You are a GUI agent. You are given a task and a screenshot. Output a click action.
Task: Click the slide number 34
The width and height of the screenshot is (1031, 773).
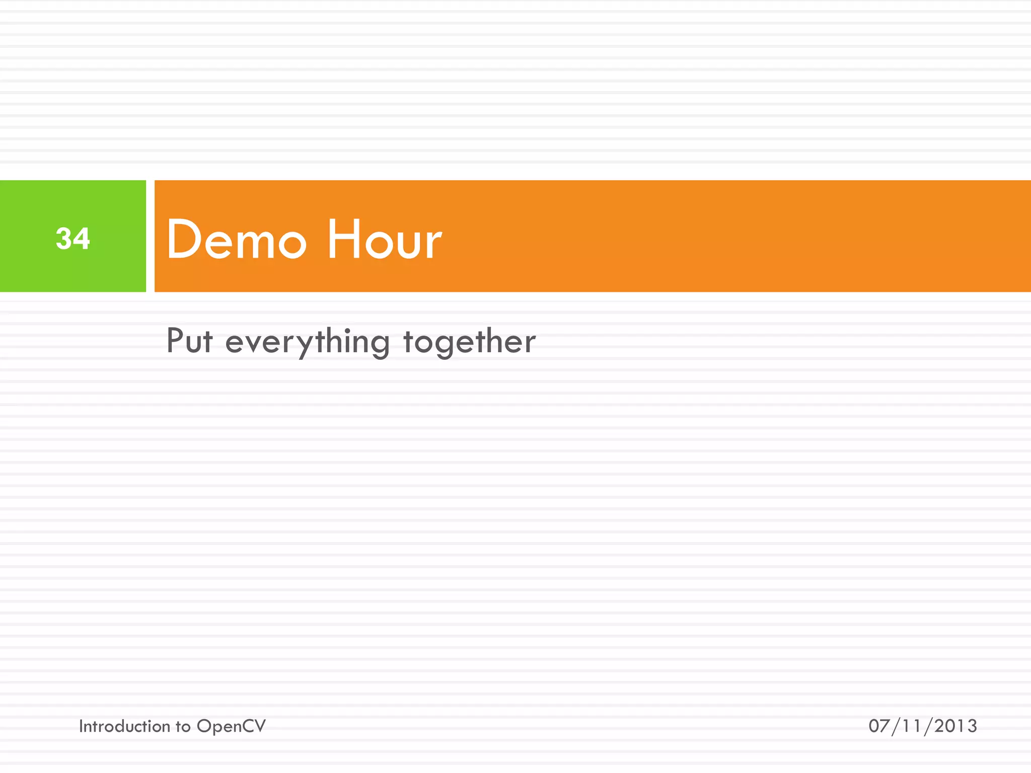pos(73,238)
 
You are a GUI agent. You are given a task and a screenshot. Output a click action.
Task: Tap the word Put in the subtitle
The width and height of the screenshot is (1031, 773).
pos(189,341)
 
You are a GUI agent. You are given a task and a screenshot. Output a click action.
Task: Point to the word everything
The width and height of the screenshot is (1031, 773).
pos(307,342)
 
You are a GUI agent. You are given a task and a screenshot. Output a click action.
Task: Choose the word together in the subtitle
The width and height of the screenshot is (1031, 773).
pos(469,342)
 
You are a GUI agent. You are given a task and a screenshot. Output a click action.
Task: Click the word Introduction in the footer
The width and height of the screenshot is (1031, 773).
pos(124,726)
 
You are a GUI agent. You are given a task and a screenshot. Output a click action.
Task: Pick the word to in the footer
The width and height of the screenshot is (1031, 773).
pos(183,727)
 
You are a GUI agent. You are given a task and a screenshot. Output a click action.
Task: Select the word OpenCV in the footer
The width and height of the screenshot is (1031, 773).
pos(231,727)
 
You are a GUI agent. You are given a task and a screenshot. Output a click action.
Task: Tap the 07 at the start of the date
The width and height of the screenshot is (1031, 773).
pos(879,726)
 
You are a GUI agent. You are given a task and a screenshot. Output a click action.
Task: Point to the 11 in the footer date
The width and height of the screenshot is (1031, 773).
pos(912,726)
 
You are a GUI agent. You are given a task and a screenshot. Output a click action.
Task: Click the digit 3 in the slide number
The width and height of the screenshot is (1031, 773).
pos(64,238)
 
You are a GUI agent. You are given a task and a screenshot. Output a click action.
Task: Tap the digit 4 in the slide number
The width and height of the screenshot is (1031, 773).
pos(82,238)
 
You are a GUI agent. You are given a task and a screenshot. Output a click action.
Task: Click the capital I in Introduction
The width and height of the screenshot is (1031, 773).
pos(81,726)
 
